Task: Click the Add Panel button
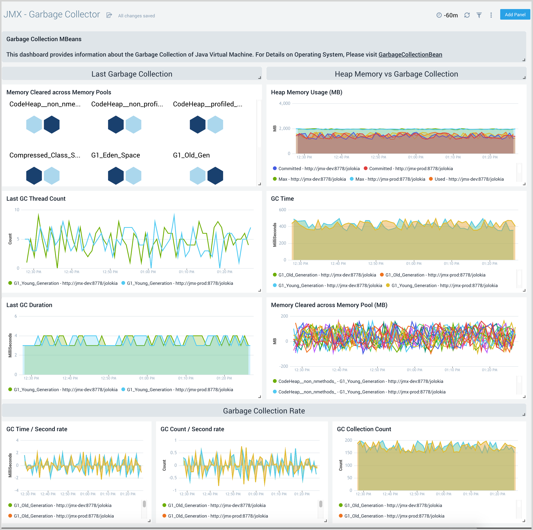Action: [x=515, y=15]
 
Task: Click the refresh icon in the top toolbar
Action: [x=467, y=15]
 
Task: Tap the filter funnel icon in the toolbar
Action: [x=479, y=15]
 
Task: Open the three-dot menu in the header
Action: [x=491, y=15]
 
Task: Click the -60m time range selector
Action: [x=447, y=15]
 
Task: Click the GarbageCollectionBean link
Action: [x=410, y=55]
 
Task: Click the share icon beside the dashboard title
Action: [x=109, y=15]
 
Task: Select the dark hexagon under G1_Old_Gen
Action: [x=215, y=176]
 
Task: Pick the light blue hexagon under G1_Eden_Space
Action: [x=133, y=176]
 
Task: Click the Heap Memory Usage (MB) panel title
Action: [x=306, y=92]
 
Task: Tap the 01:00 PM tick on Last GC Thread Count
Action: [x=148, y=272]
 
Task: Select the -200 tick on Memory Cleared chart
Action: [x=284, y=366]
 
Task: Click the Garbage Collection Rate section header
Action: [x=264, y=411]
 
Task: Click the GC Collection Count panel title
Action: [x=364, y=429]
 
